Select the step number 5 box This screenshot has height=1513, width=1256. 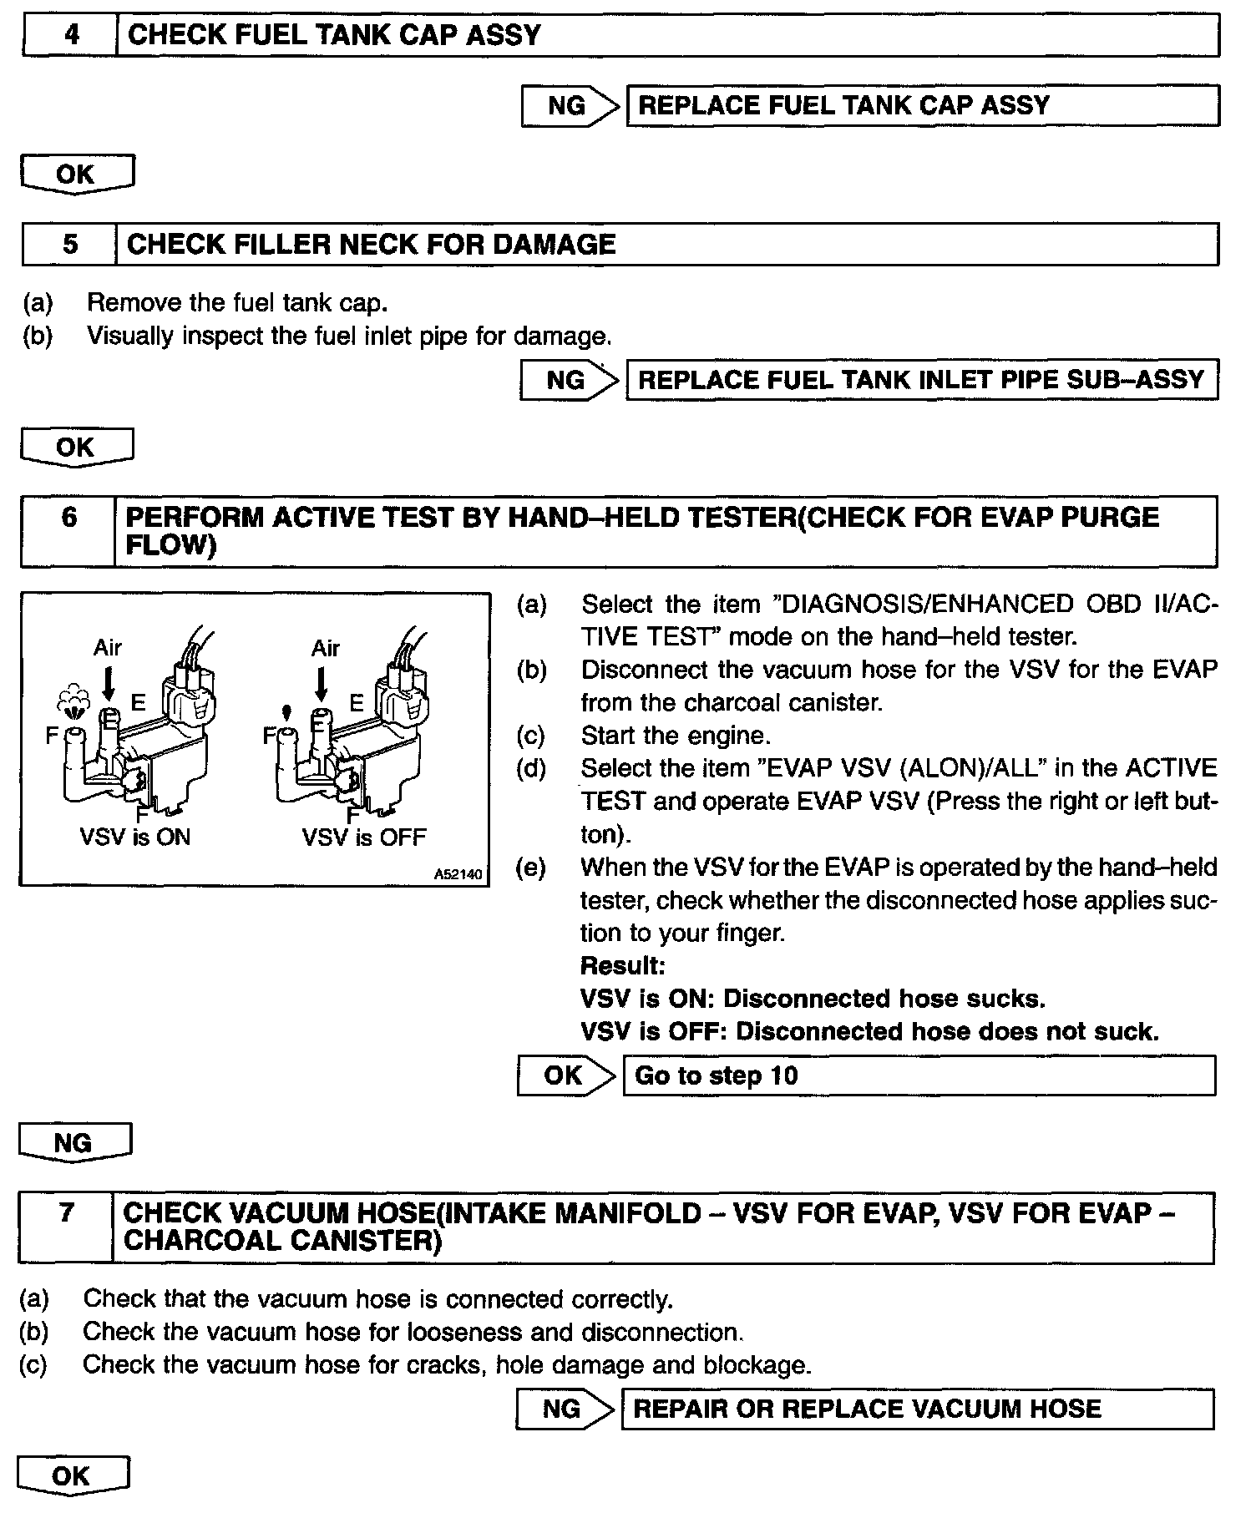pos(70,245)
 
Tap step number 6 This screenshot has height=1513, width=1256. pos(69,518)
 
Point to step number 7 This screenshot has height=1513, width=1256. pos(67,1212)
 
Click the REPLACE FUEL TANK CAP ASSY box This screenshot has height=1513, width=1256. pos(922,106)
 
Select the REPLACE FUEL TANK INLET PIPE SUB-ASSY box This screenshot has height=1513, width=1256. pos(921,380)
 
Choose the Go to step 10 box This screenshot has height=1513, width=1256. pos(919,1075)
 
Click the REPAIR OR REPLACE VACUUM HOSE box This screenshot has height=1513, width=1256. pos(917,1409)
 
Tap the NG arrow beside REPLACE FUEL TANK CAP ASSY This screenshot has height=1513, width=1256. pos(571,106)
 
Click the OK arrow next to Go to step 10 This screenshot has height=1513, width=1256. pos(567,1075)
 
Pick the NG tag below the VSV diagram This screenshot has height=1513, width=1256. pos(73,1142)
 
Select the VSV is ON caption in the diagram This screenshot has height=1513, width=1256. pos(135,837)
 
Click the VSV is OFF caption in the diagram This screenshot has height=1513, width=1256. pos(364,837)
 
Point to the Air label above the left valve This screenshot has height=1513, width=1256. pos(108,647)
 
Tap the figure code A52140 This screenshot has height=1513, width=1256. pos(458,874)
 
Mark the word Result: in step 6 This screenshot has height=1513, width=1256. pos(622,966)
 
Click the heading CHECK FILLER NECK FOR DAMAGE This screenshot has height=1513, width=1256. pos(372,245)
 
